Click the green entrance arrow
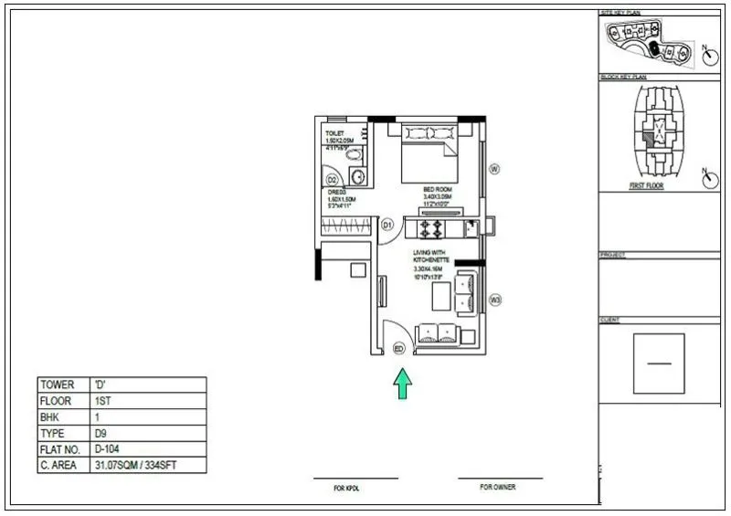[402, 383]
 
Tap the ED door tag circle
[398, 348]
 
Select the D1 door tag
[387, 224]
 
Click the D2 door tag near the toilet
[333, 179]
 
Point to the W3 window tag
[495, 300]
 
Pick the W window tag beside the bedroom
[494, 169]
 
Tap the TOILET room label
[335, 133]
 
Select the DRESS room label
[335, 193]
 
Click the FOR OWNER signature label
[500, 488]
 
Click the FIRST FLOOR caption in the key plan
[646, 185]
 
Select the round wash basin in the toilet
[359, 176]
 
